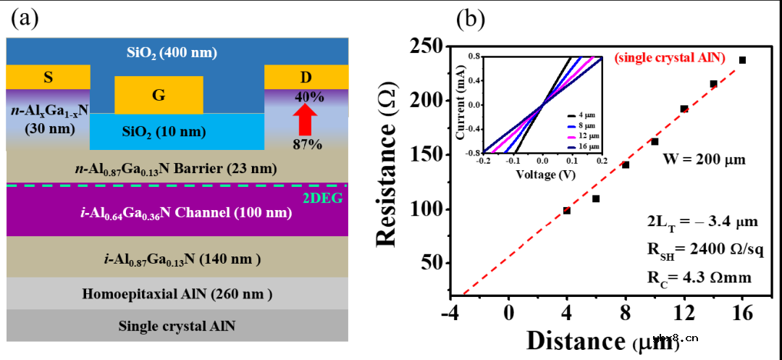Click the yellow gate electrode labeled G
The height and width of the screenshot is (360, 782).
[x=159, y=94]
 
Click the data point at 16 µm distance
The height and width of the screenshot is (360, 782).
[x=742, y=60]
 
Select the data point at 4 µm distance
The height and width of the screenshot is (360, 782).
[x=567, y=211]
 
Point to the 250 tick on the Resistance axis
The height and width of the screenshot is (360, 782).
[x=427, y=46]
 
